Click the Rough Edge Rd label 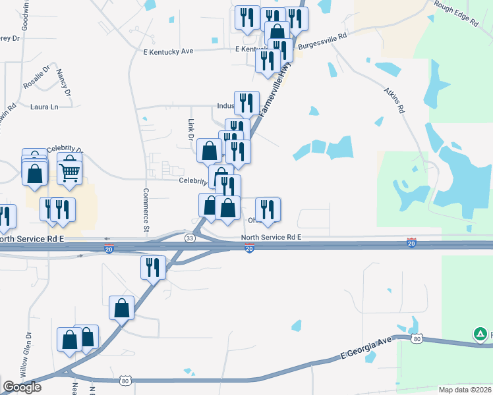point(455,13)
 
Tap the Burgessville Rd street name point(322,41)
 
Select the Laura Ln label point(44,106)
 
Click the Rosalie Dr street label point(37,77)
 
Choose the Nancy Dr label point(63,82)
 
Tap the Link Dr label point(190,130)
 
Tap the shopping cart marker point(69,172)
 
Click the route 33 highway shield point(190,238)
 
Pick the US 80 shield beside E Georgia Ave point(416,338)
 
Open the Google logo point(22,387)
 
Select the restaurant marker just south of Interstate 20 point(153,267)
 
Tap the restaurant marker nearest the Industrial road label point(246,102)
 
